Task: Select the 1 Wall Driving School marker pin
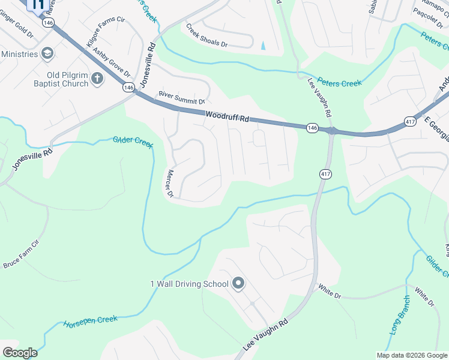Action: click(x=238, y=283)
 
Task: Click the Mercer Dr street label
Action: click(x=169, y=184)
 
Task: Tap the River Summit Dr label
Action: click(x=181, y=97)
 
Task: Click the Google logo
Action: click(x=20, y=353)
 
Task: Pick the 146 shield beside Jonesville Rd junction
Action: click(x=128, y=88)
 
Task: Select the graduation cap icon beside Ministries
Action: click(x=47, y=54)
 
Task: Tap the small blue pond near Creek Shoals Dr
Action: click(x=263, y=44)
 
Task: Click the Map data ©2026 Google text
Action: click(x=411, y=355)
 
